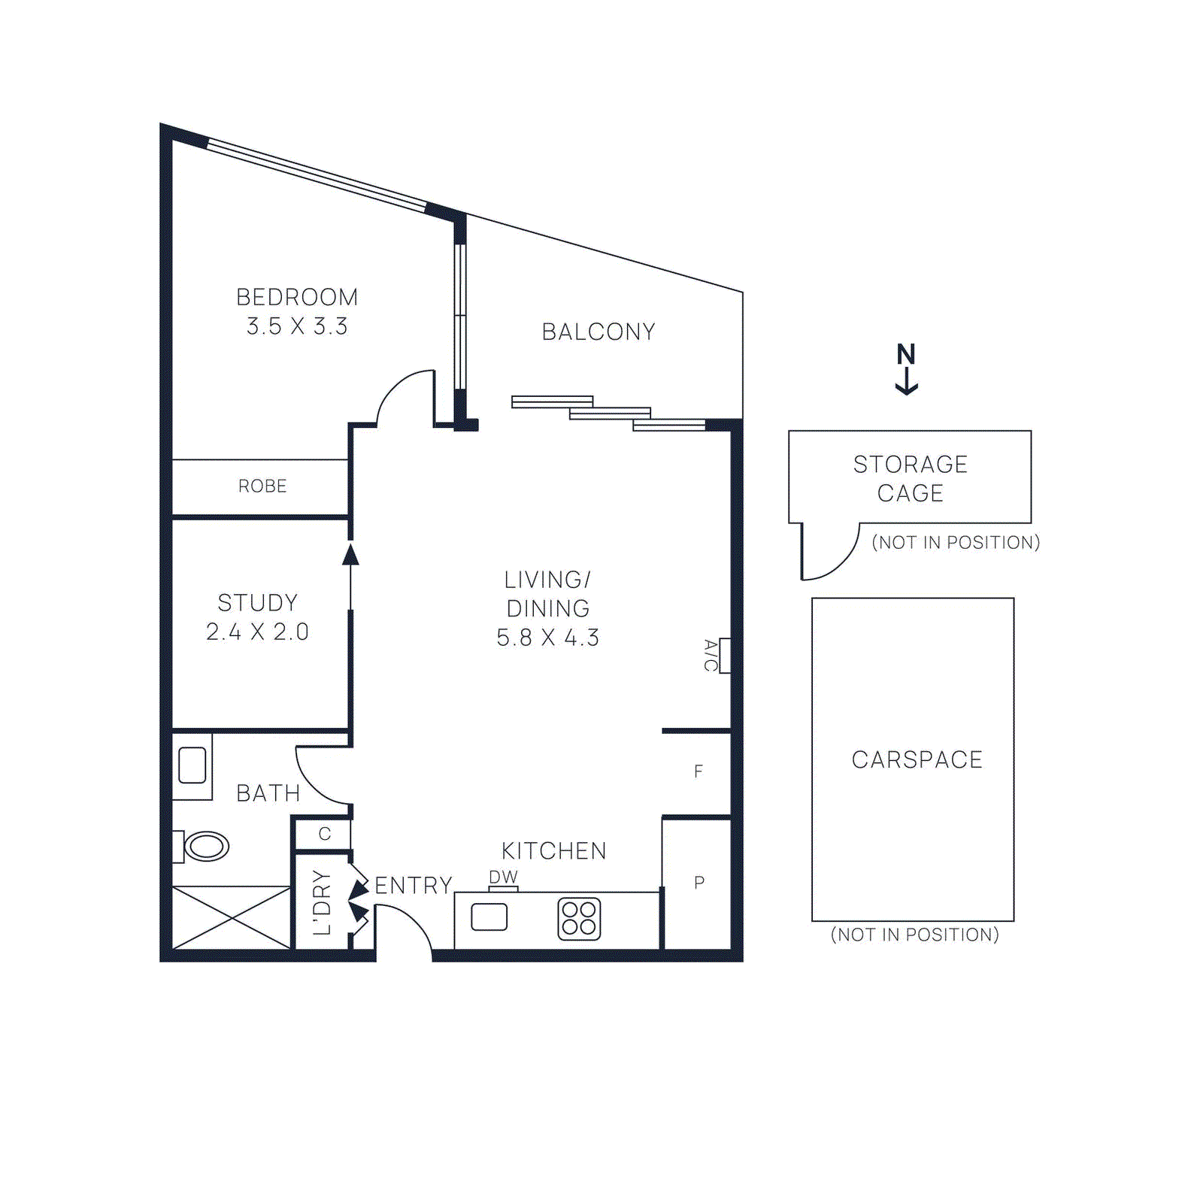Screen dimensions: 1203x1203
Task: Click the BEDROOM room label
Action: (x=297, y=297)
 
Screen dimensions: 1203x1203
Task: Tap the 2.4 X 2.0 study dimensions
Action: (x=257, y=632)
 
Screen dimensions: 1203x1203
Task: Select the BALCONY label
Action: (x=598, y=332)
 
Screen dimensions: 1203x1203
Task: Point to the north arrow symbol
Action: (x=906, y=368)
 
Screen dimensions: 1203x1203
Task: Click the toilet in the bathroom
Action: (x=205, y=847)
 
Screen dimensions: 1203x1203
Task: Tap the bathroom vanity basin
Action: (x=192, y=765)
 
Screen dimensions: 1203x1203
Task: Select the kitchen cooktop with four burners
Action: (x=579, y=919)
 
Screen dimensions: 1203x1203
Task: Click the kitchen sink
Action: (x=489, y=917)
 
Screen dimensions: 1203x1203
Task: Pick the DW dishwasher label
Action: (x=503, y=877)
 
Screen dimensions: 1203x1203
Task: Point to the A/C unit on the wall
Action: (x=725, y=656)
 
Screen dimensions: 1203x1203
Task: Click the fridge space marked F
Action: (x=698, y=771)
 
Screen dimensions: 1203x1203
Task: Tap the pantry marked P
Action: (x=699, y=883)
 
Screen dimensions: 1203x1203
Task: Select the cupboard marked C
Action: (x=325, y=834)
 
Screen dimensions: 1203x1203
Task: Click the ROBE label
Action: (x=262, y=486)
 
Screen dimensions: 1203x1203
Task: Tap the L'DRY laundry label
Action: (x=322, y=902)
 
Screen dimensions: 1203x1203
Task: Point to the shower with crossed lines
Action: (x=232, y=917)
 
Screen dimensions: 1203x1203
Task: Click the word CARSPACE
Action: (x=917, y=760)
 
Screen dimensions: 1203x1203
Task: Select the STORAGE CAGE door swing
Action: (x=827, y=553)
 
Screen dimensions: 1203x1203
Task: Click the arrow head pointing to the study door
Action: (x=350, y=555)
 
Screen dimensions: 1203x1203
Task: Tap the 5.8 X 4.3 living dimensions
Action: (x=547, y=638)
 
